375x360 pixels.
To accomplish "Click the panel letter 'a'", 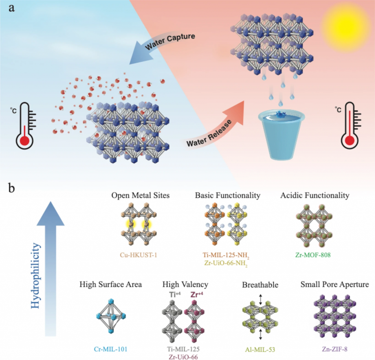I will (x=12, y=8).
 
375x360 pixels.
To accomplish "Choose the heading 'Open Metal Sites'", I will (x=141, y=195).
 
